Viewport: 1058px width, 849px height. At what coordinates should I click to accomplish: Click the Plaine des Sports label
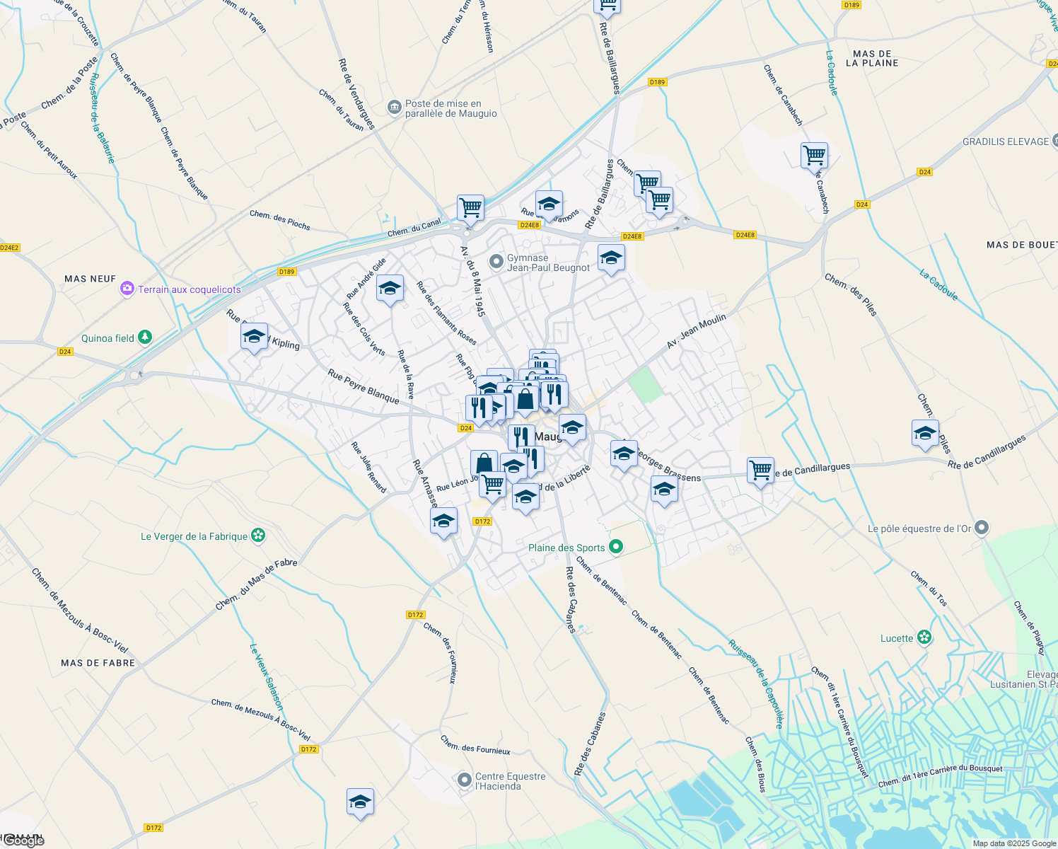(x=566, y=548)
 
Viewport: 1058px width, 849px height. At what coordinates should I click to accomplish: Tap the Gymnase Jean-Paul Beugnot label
(x=548, y=262)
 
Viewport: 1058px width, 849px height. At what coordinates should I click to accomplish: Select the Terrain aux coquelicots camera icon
(x=127, y=289)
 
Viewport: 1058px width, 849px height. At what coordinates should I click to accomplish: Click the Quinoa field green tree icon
(x=145, y=337)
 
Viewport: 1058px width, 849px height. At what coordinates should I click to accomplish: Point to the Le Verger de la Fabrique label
(x=194, y=536)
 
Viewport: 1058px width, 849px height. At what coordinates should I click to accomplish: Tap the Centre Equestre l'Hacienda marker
(x=464, y=780)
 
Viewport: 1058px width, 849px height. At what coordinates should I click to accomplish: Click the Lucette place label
(x=897, y=638)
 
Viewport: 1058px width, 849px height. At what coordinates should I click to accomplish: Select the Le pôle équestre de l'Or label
(x=919, y=529)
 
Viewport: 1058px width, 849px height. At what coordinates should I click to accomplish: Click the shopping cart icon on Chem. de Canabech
(x=814, y=155)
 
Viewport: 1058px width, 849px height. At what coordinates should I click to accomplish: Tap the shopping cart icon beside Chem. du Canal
(x=470, y=208)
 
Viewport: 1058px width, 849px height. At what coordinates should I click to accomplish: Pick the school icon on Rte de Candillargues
(x=925, y=433)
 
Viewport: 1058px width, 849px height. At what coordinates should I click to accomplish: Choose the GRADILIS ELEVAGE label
(x=1006, y=141)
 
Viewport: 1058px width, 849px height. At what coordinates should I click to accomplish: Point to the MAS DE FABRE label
(x=98, y=663)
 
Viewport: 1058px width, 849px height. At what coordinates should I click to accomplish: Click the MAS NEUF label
(x=90, y=279)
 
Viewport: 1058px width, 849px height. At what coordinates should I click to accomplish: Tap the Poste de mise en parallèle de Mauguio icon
(x=394, y=108)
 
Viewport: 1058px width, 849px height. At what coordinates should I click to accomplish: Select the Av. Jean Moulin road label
(x=697, y=331)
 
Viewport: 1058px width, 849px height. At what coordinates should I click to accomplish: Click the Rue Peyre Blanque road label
(x=364, y=386)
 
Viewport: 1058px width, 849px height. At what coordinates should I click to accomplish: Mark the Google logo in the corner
(x=23, y=841)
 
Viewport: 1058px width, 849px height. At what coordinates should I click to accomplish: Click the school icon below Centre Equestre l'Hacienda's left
(x=360, y=802)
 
